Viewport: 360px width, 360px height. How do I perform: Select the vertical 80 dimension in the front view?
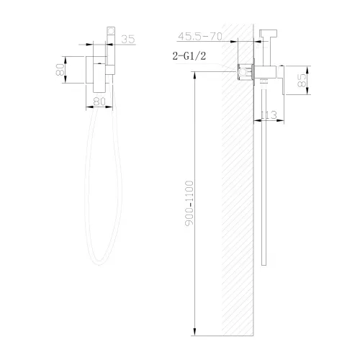(60, 70)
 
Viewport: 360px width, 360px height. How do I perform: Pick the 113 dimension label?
(270, 114)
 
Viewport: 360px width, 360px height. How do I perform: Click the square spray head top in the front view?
(111, 35)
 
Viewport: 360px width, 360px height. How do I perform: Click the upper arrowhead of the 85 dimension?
(307, 68)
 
